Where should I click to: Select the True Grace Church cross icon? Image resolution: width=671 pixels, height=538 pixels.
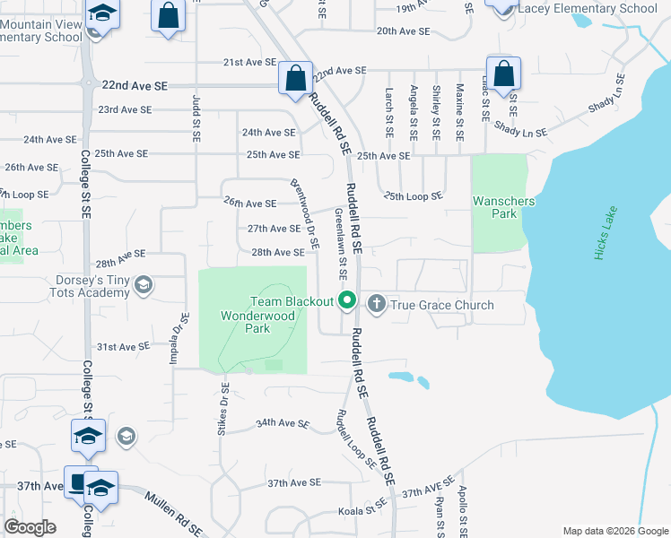pyautogui.click(x=376, y=304)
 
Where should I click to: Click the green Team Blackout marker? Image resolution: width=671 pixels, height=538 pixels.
pyautogui.click(x=347, y=302)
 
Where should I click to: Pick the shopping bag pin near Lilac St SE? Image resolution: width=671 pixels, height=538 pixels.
pyautogui.click(x=504, y=73)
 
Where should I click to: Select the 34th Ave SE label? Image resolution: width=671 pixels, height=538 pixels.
pyautogui.click(x=283, y=422)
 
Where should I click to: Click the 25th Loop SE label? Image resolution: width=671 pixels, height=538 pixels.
pyautogui.click(x=413, y=195)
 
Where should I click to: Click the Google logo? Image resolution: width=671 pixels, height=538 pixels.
pyautogui.click(x=30, y=526)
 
